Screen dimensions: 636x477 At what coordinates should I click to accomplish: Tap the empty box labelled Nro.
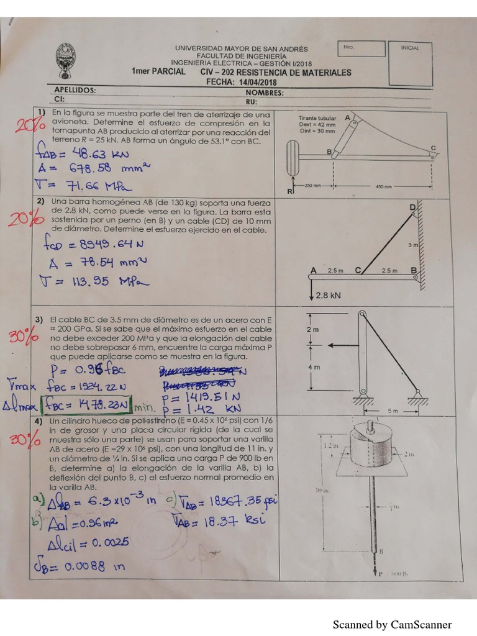362,49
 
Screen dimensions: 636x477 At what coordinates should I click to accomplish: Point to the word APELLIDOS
75,90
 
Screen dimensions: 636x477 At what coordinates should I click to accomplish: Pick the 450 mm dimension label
383,186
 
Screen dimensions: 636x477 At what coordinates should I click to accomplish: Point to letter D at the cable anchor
412,207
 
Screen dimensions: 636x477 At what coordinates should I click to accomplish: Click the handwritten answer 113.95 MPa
93,282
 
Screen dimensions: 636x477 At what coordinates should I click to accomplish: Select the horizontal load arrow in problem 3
343,345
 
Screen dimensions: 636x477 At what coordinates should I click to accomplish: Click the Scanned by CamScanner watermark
392,625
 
